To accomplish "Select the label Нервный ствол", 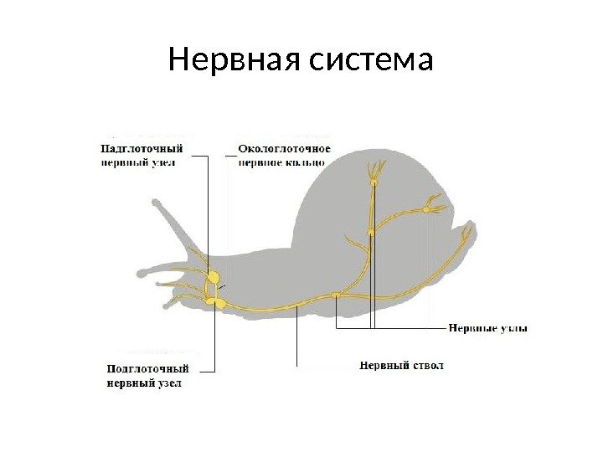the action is pyautogui.click(x=402, y=365).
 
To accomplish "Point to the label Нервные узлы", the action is pyautogui.click(x=488, y=328).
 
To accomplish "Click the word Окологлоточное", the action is pyautogui.click(x=285, y=149).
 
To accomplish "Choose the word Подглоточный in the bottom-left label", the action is pyautogui.click(x=148, y=368).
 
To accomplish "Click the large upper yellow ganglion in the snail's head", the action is pyautogui.click(x=214, y=276).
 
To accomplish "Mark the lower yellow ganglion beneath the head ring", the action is pyautogui.click(x=221, y=304).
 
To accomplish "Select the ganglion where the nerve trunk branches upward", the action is pyautogui.click(x=336, y=294).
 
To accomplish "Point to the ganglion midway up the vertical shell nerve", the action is pyautogui.click(x=370, y=232).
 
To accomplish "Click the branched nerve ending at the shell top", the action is pyautogui.click(x=373, y=172).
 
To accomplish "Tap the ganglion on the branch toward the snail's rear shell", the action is pyautogui.click(x=425, y=210).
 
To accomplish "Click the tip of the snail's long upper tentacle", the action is pyautogui.click(x=154, y=201).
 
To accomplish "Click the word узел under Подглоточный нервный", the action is pyautogui.click(x=168, y=383).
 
